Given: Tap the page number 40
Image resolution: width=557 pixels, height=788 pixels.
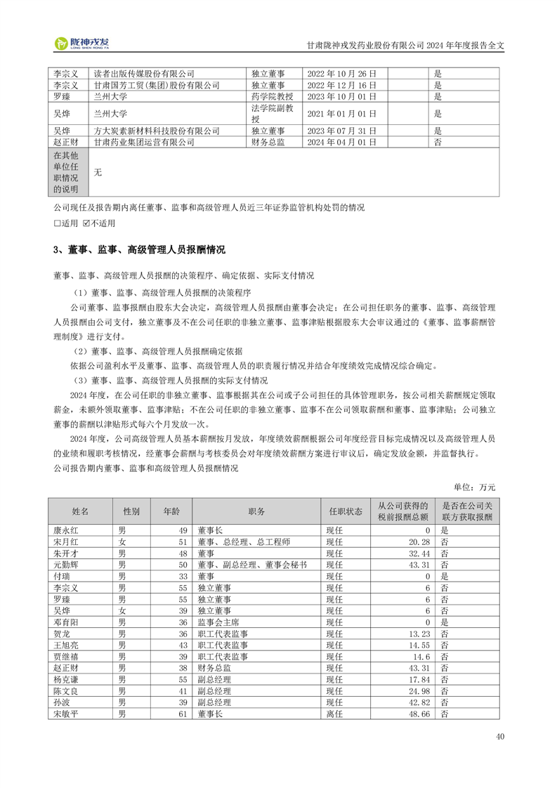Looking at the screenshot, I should pos(499,737).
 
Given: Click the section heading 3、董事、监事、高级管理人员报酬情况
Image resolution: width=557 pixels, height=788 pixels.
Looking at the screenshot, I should pos(139,250).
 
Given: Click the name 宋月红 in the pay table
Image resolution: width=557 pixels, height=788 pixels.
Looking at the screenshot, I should pos(65,542).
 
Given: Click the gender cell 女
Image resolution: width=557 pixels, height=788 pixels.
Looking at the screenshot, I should pos(122,542).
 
